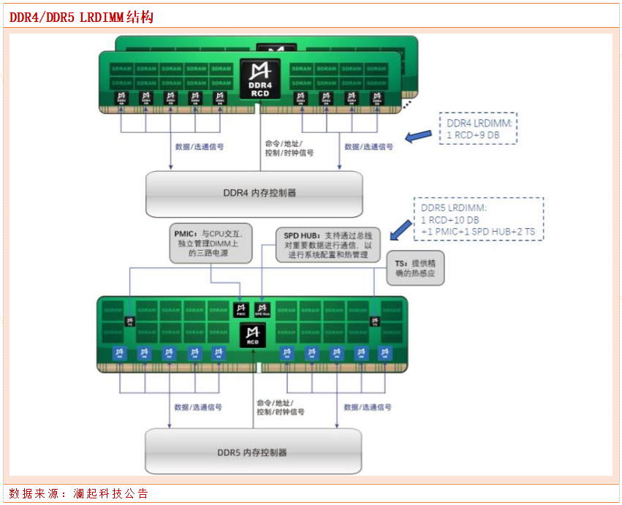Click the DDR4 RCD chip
point(260,80)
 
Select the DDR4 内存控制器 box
point(254,194)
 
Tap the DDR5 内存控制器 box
point(253,452)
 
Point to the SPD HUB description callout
point(328,246)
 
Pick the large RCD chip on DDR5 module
point(252,336)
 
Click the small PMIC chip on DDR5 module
point(241,309)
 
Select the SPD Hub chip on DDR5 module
point(263,309)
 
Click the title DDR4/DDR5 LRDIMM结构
point(81,17)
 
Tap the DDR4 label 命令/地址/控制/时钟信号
point(289,148)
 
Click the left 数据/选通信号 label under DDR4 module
point(200,147)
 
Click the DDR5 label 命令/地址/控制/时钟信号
point(281,407)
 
